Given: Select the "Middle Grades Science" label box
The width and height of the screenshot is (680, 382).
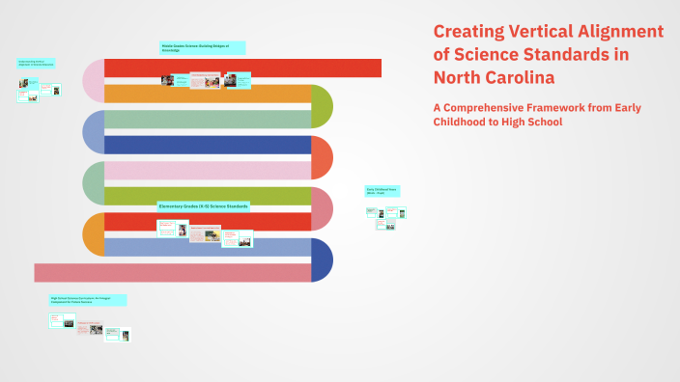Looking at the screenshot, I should pyautogui.click(x=202, y=47).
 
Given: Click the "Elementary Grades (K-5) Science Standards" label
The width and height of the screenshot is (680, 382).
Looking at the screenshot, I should pyautogui.click(x=204, y=206).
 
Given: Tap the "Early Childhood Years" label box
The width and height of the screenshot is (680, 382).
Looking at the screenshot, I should pyautogui.click(x=382, y=192).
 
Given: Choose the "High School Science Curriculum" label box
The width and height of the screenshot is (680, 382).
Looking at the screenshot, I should pyautogui.click(x=87, y=300).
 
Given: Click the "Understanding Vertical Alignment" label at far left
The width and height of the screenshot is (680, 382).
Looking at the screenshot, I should pyautogui.click(x=36, y=64).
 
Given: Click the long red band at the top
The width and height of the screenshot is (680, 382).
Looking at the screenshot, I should pyautogui.click(x=241, y=68).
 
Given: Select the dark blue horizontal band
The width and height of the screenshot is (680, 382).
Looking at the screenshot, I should pyautogui.click(x=207, y=145).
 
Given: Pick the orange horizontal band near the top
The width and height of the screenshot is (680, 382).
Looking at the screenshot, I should pyautogui.click(x=207, y=94).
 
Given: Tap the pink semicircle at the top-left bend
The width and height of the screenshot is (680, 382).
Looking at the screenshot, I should pyautogui.click(x=93, y=81).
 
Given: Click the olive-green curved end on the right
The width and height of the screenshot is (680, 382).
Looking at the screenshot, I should pyautogui.click(x=323, y=106).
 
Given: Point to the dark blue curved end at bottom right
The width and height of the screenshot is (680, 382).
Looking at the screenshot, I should pyautogui.click(x=323, y=260).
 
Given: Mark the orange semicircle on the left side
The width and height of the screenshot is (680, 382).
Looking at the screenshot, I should pyautogui.click(x=93, y=234).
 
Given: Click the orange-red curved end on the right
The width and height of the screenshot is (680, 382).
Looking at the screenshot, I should pyautogui.click(x=323, y=158).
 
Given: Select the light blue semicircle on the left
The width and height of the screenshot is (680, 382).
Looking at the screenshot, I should pyautogui.click(x=93, y=132).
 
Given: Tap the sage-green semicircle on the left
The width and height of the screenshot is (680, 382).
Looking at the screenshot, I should pyautogui.click(x=93, y=183).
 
